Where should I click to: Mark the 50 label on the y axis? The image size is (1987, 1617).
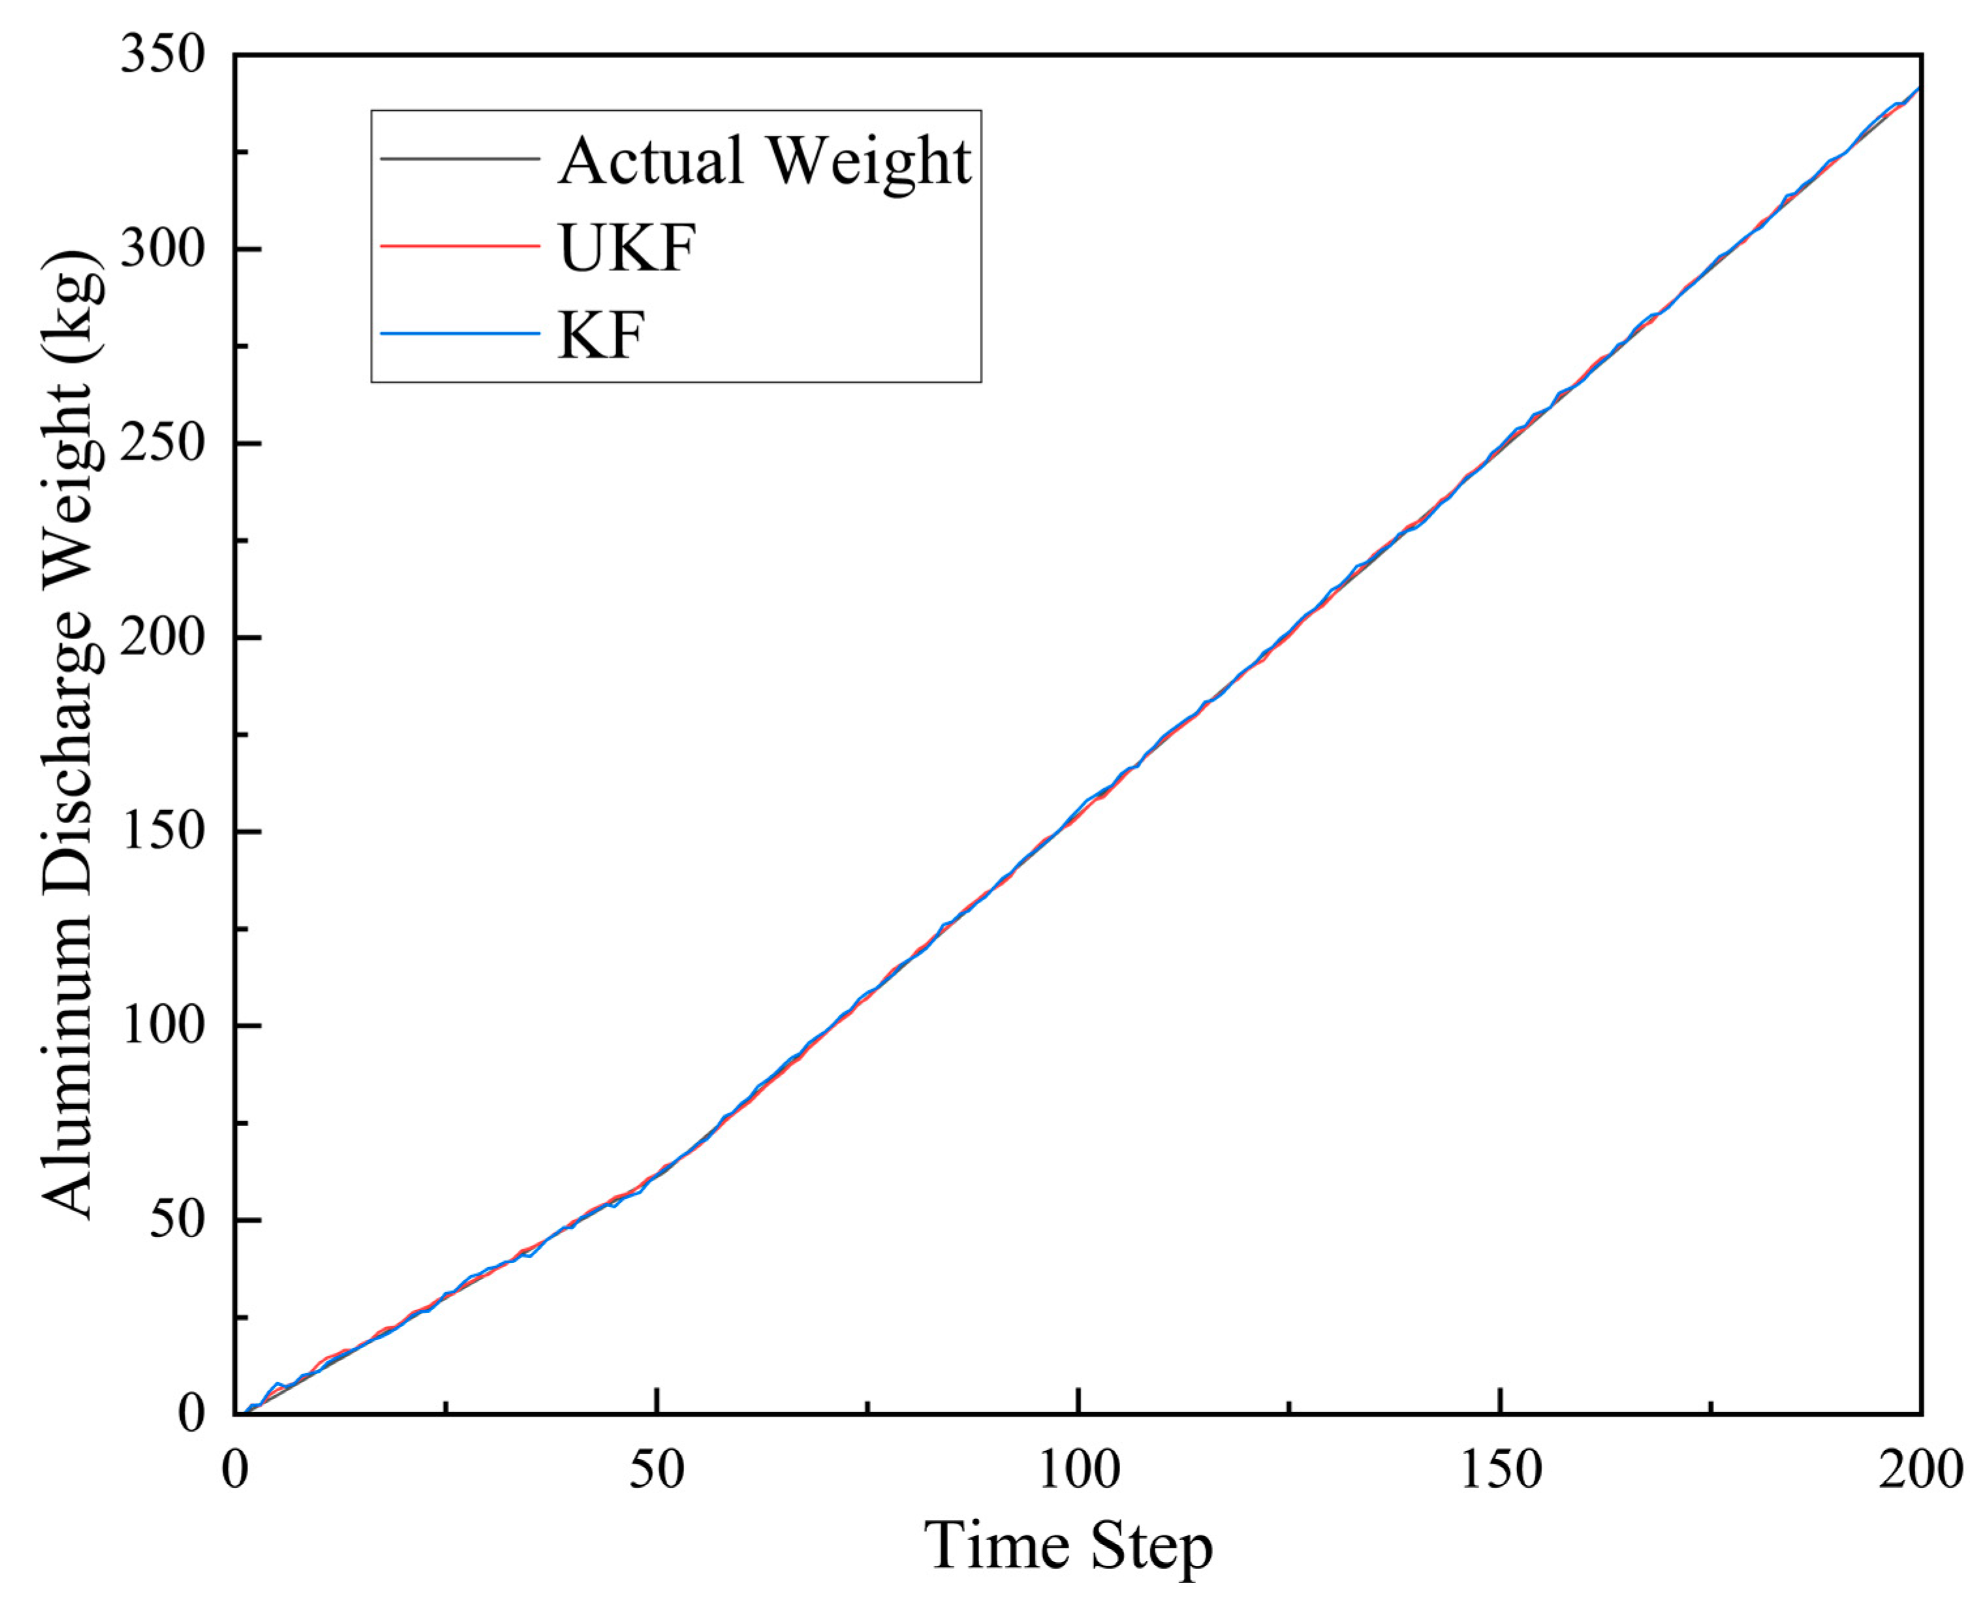click(x=177, y=1219)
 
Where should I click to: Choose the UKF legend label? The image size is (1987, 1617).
click(x=627, y=248)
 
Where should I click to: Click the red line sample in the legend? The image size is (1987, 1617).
click(x=460, y=247)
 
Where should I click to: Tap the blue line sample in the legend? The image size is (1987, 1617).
click(x=460, y=334)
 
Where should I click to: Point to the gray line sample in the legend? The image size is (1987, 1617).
click(x=460, y=159)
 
